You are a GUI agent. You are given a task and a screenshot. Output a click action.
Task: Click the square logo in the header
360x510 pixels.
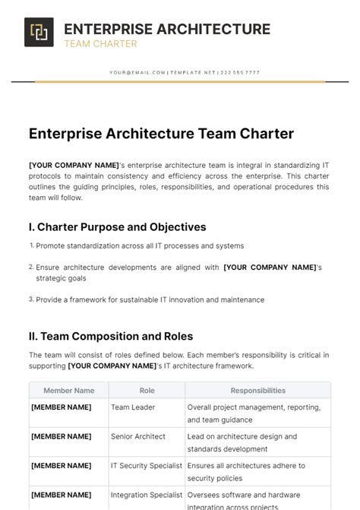click(39, 32)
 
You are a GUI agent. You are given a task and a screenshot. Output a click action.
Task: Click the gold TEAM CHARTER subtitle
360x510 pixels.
click(100, 44)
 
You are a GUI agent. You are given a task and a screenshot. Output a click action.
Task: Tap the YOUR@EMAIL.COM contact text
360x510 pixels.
click(137, 72)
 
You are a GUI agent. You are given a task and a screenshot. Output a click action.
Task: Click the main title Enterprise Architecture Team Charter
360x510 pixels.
click(161, 134)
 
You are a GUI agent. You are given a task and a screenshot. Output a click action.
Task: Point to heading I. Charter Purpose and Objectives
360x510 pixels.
click(117, 226)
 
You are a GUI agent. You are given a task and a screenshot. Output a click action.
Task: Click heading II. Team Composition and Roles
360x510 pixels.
click(111, 336)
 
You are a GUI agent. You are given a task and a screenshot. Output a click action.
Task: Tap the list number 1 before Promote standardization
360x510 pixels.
click(32, 245)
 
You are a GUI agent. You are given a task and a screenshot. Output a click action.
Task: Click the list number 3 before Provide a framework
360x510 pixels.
click(32, 299)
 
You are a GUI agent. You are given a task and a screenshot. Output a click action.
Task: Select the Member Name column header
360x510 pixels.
click(69, 391)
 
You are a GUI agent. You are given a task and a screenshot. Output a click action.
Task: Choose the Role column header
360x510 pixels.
click(147, 391)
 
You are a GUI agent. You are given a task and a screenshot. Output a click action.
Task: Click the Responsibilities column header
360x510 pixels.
click(257, 391)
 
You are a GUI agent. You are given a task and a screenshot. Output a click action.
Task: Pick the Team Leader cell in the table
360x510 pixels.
click(133, 407)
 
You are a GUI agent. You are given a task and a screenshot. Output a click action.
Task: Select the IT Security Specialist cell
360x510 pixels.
click(147, 466)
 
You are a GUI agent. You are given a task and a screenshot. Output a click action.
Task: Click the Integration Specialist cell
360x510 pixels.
click(147, 496)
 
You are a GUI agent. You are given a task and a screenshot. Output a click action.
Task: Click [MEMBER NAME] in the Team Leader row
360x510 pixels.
click(61, 407)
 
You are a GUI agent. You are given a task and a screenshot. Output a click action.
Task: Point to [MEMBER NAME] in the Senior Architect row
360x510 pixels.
click(61, 436)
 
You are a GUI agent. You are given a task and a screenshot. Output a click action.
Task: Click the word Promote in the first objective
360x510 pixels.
click(51, 245)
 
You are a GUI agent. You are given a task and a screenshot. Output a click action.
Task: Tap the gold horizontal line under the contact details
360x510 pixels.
click(180, 81)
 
